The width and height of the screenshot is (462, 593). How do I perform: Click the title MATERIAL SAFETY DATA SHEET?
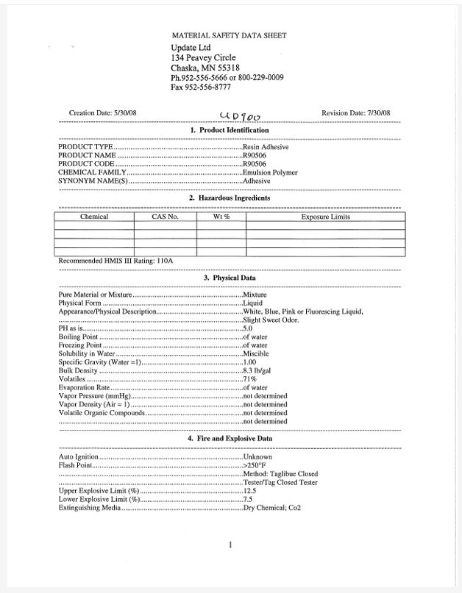(x=229, y=35)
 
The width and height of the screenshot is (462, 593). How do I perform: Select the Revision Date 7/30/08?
(x=356, y=112)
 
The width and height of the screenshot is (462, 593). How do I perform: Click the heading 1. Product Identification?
(x=230, y=130)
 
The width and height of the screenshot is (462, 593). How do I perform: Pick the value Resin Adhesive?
(x=266, y=147)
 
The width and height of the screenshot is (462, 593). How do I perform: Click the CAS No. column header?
(x=165, y=217)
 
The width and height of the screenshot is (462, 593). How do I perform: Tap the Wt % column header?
(x=221, y=217)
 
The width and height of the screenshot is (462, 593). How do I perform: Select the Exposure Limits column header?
(x=325, y=217)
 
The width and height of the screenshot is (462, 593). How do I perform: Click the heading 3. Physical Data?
(x=230, y=278)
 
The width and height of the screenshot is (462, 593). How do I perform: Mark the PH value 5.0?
(x=249, y=328)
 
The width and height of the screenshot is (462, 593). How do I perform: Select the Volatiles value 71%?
(x=249, y=379)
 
